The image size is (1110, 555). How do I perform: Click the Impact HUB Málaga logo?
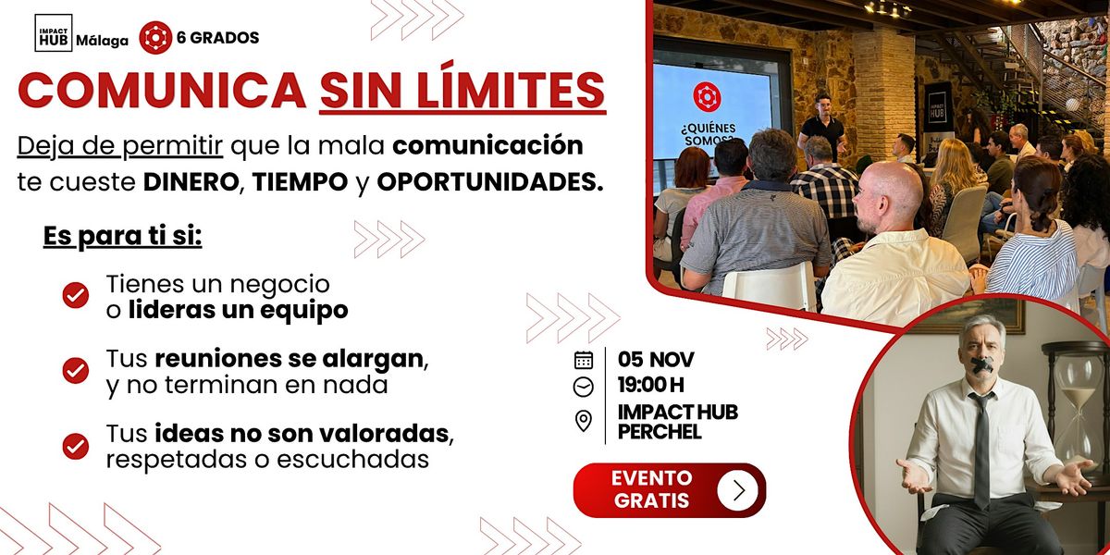click(x=68, y=37)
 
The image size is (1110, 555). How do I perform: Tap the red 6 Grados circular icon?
click(x=154, y=38)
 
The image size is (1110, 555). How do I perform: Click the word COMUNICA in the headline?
click(x=163, y=90)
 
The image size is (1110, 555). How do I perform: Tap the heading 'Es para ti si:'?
click(x=122, y=237)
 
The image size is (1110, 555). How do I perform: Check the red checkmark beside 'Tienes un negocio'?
click(x=75, y=296)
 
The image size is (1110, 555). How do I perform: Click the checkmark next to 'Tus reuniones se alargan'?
click(x=75, y=371)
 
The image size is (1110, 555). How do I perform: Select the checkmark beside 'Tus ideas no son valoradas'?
click(x=75, y=446)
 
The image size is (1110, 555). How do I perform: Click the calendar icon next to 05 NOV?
click(x=584, y=360)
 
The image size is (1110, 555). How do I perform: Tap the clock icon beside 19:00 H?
click(x=584, y=387)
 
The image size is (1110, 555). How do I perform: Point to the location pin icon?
click(x=584, y=422)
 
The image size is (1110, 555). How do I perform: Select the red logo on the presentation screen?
click(x=707, y=97)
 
